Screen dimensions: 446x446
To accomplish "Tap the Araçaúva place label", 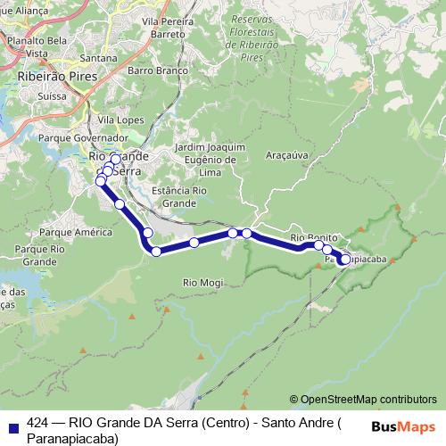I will coord(285,154).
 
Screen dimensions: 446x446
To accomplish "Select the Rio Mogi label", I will coord(202,283).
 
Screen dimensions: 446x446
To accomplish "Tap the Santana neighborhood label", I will coord(99,58).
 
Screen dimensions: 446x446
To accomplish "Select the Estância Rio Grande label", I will coord(179,197).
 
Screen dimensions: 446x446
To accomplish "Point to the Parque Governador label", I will coord(83,138).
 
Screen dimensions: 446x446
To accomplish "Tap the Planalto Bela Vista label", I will coord(37,47).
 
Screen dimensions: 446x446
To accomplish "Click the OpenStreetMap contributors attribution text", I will coord(363,399).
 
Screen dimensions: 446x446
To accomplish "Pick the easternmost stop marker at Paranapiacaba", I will coord(345,260).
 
